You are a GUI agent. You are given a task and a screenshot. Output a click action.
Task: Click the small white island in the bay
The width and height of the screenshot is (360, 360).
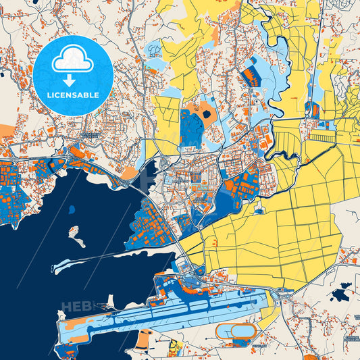[77, 236]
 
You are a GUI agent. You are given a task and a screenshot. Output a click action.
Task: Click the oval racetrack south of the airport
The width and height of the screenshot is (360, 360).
[236, 330]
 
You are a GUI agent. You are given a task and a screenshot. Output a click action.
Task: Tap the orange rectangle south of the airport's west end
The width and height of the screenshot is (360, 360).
[143, 338]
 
